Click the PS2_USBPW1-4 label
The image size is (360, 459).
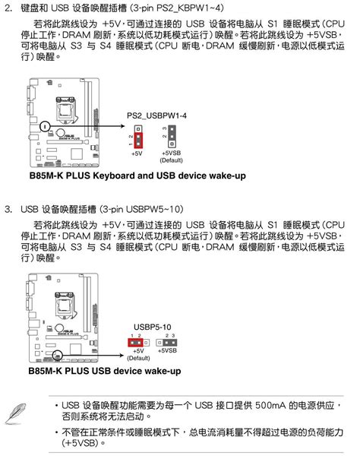[x=156, y=116]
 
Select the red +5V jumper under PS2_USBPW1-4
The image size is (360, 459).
[x=137, y=138]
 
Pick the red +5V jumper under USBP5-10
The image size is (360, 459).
[x=137, y=343]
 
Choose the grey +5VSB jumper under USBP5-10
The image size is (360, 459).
[x=168, y=343]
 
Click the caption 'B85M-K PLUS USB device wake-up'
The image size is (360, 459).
[x=105, y=371]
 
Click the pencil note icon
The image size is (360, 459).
[x=16, y=410]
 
